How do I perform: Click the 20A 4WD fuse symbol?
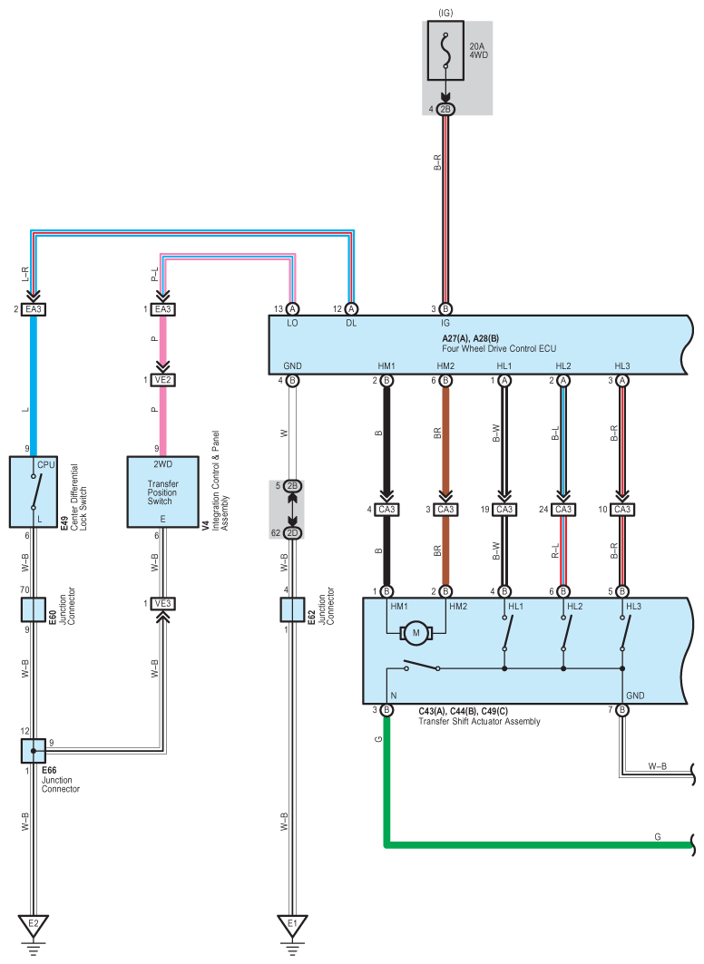coord(445,51)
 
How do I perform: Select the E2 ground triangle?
coord(34,925)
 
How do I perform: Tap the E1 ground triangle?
coord(292,925)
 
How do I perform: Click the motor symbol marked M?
coord(416,633)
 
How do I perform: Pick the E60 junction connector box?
coord(34,609)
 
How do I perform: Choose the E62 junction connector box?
coord(293,609)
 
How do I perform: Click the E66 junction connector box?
coord(34,751)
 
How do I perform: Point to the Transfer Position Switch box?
coord(163,492)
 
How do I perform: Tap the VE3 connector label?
coord(163,604)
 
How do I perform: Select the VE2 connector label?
coord(163,380)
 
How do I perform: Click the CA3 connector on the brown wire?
coord(445,509)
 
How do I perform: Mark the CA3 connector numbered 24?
coord(563,509)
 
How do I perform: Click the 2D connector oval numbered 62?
coord(293,533)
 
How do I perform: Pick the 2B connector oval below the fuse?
coord(445,110)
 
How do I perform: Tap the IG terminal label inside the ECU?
coord(445,323)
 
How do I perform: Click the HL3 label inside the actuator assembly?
coord(633,606)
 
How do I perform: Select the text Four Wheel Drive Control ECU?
coord(499,348)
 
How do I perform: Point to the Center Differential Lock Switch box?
coord(34,492)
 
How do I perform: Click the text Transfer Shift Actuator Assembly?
coord(480,721)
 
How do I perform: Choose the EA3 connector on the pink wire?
coord(163,309)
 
